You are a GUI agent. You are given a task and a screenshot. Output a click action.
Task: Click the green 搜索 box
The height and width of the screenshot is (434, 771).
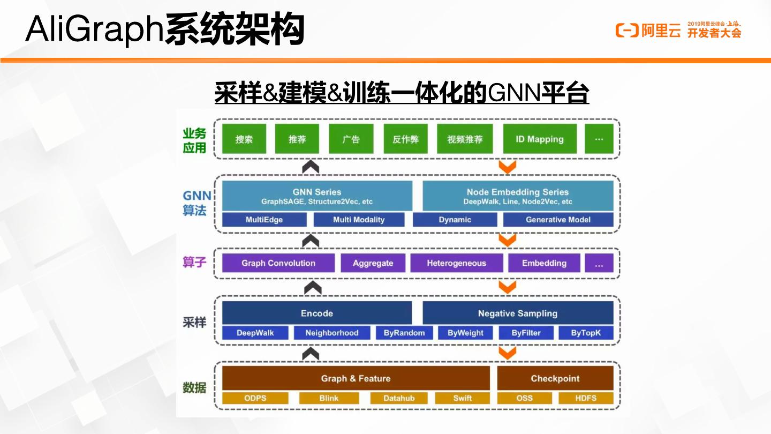pos(244,139)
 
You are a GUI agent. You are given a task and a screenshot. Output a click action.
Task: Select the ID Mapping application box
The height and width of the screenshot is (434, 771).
pos(540,139)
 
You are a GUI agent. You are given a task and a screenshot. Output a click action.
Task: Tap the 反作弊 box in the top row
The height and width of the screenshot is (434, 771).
pos(405,139)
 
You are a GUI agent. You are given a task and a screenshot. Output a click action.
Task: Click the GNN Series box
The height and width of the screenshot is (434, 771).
pos(317,196)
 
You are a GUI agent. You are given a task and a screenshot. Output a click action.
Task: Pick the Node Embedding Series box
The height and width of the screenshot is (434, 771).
pos(518,196)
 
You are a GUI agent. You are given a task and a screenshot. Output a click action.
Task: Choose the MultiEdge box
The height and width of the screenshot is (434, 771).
pos(264,220)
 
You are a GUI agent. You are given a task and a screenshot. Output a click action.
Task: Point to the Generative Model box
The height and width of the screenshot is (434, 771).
pos(558,220)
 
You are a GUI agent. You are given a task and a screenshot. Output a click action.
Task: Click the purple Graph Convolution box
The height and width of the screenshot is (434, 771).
pos(278,263)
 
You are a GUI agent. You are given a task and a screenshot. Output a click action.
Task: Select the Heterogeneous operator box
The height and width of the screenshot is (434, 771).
pos(456,263)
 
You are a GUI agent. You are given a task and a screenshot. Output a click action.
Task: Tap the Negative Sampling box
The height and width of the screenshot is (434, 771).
pos(518,313)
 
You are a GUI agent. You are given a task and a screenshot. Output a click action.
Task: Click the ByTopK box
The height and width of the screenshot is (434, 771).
pos(586,333)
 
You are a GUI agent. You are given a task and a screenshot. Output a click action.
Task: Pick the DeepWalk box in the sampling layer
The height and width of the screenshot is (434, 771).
pos(255,333)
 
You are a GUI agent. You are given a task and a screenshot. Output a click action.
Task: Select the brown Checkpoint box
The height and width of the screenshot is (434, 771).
pos(555,378)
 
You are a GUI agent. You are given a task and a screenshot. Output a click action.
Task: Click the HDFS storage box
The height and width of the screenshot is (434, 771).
pos(586,398)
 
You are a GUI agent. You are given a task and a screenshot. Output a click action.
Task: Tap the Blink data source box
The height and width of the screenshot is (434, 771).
pos(329,398)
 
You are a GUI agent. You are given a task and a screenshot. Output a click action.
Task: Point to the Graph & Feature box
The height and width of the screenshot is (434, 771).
pos(356,378)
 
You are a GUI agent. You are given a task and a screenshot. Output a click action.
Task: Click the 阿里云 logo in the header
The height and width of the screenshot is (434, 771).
pos(648,30)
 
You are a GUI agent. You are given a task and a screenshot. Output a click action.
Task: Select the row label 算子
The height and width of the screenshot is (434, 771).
pos(194,263)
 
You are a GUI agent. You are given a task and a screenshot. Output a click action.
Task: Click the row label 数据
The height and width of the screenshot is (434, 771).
pos(194,387)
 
